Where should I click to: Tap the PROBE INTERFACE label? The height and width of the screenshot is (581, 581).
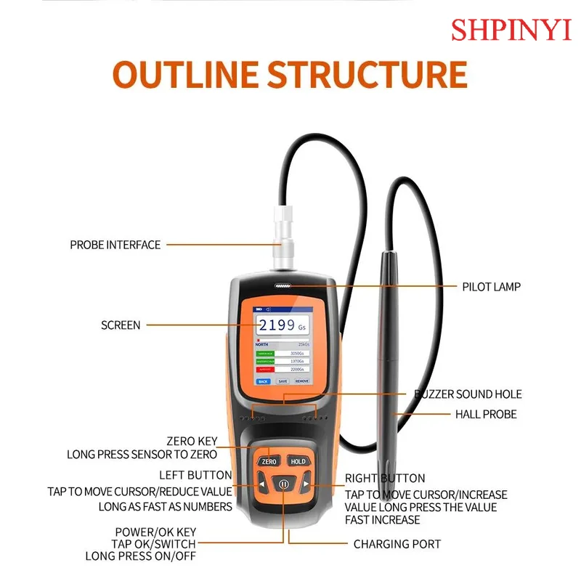115,245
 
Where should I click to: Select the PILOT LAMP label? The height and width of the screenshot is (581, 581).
492,287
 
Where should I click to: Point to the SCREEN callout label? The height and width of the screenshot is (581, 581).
121,325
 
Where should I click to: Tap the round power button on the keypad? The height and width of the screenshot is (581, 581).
283,484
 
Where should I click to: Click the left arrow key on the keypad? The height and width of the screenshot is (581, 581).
261,484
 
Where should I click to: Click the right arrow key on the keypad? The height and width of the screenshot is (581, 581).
306,484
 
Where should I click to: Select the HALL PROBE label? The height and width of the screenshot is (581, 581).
486,414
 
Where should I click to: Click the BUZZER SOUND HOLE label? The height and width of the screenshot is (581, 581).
468,394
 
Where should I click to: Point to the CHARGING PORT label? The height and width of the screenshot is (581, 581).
397,543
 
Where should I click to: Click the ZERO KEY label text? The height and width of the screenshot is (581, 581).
192,440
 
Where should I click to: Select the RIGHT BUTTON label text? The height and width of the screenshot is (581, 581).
385,478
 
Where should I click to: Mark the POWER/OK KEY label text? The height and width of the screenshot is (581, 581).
155,531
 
